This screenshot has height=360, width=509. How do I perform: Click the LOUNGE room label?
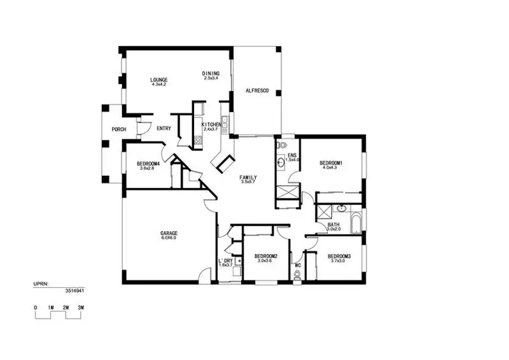pyautogui.click(x=159, y=79)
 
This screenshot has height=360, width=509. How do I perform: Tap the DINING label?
pyautogui.click(x=211, y=73)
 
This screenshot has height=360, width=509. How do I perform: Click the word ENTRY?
pyautogui.click(x=164, y=128)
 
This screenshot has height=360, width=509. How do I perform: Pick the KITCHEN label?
pyautogui.click(x=211, y=124)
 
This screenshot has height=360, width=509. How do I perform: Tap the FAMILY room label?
pyautogui.click(x=248, y=177)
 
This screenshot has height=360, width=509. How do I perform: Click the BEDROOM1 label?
pyautogui.click(x=331, y=162)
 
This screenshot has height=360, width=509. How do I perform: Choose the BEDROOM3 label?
pyautogui.click(x=340, y=256)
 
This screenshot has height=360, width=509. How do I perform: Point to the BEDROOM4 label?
pyautogui.click(x=147, y=163)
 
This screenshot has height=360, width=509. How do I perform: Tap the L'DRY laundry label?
pyautogui.click(x=225, y=260)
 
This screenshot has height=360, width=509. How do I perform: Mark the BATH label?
pyautogui.click(x=334, y=225)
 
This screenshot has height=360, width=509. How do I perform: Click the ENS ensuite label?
pyautogui.click(x=293, y=155)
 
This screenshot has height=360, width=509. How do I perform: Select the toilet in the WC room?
pyautogui.click(x=297, y=274)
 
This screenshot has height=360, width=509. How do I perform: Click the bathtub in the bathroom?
pyautogui.click(x=355, y=222)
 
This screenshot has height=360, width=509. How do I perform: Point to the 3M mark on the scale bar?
pyautogui.click(x=81, y=308)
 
